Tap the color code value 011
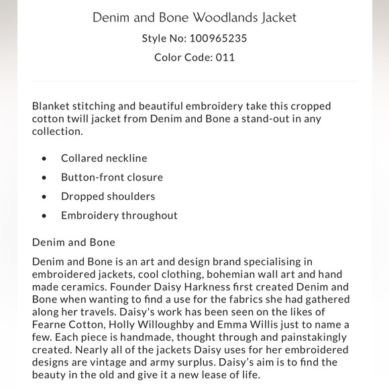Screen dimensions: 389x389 coord(225,58)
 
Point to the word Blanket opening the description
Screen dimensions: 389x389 coord(52,106)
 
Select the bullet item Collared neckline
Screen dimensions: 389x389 coord(104,158)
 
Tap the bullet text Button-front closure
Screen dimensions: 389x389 coord(112,177)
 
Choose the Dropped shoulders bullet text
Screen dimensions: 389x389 coord(108,197)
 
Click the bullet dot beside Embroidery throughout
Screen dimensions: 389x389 coord(44,216)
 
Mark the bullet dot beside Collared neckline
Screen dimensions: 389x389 coord(44,159)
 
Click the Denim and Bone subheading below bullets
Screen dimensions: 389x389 coord(74,242)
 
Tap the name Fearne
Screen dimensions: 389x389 coord(50,325)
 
